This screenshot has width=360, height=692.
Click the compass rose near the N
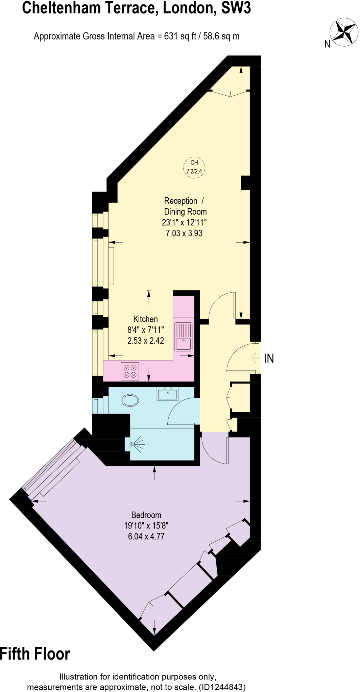tap(344, 32)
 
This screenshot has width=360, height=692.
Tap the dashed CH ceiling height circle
tap(194, 167)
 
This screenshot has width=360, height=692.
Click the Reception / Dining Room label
tap(185, 206)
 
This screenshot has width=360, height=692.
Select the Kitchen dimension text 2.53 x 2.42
tap(145, 341)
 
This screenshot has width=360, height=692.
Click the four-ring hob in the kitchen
tap(130, 371)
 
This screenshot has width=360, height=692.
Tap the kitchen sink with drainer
tap(183, 337)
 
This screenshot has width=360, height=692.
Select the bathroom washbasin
tap(167, 394)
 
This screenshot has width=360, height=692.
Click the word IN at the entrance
tap(269, 359)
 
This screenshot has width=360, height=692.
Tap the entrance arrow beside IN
tap(255, 358)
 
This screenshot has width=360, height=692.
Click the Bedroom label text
tap(146, 515)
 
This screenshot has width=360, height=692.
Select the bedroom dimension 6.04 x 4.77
tap(146, 536)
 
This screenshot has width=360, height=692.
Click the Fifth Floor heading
tap(35, 654)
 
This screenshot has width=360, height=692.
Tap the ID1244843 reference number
tap(222, 687)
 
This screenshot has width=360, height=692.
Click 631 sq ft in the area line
tap(180, 36)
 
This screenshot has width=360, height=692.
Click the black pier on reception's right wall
tap(246, 183)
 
